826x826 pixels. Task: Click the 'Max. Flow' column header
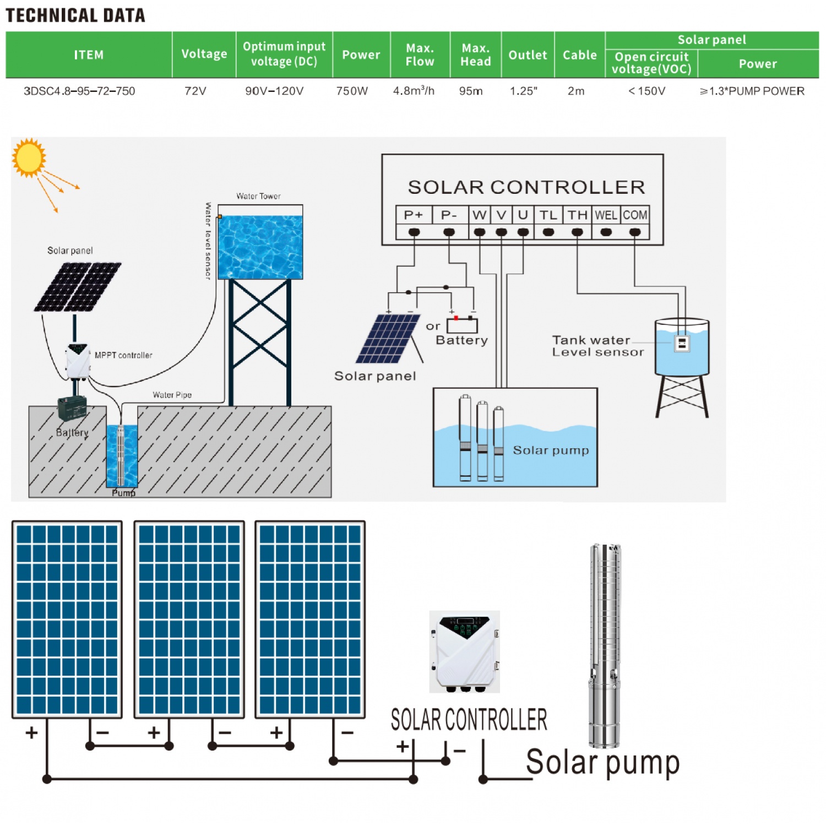pyautogui.click(x=420, y=55)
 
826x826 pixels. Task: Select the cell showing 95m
pyautogui.click(x=471, y=91)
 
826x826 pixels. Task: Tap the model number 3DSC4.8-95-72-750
pyautogui.click(x=79, y=91)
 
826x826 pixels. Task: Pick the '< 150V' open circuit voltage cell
pyautogui.click(x=647, y=91)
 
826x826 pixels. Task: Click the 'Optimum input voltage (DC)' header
pyautogui.click(x=284, y=54)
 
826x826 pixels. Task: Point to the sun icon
pyautogui.click(x=29, y=157)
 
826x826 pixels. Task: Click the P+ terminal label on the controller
pyautogui.click(x=414, y=215)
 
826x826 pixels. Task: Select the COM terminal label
pyautogui.click(x=635, y=215)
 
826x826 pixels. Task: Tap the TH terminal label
pyautogui.click(x=577, y=215)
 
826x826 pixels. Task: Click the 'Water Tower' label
pyautogui.click(x=258, y=196)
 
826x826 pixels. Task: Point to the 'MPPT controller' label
pyautogui.click(x=123, y=355)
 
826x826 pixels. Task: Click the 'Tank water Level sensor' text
pyautogui.click(x=597, y=346)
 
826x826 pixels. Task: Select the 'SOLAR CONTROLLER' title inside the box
pyautogui.click(x=526, y=187)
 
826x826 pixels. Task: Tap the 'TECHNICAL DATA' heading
pyautogui.click(x=75, y=15)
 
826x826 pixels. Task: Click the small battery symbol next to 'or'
pyautogui.click(x=462, y=325)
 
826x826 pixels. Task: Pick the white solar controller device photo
pyautogui.click(x=465, y=651)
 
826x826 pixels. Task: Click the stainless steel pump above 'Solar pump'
pyautogui.click(x=605, y=644)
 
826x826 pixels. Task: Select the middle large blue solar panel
pyautogui.click(x=189, y=619)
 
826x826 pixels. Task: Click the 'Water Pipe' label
pyautogui.click(x=172, y=395)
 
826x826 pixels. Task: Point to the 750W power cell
pyautogui.click(x=352, y=91)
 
